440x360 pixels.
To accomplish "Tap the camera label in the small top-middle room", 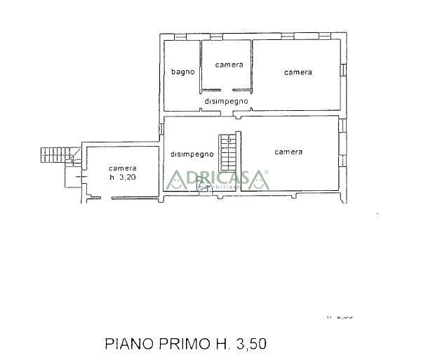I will [x=229, y=65].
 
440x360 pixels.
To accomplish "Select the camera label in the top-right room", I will [x=298, y=72].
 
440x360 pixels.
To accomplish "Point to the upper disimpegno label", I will [x=226, y=101].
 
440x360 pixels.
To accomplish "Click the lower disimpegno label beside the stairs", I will [x=192, y=154].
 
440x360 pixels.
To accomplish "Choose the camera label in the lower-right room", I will [x=288, y=152].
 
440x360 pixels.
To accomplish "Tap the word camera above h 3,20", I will [x=122, y=168].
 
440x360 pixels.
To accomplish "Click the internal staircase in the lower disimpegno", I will [x=227, y=150].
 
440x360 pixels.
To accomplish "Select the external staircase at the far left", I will [x=55, y=153].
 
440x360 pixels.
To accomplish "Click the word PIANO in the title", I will [x=129, y=344].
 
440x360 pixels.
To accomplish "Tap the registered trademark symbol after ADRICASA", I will [x=266, y=172].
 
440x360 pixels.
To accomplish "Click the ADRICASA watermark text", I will [x=218, y=178].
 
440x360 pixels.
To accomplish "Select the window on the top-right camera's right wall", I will [x=344, y=69].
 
